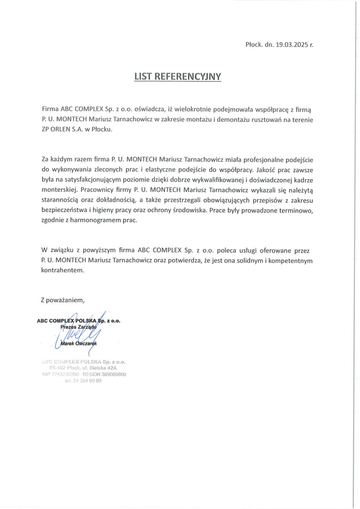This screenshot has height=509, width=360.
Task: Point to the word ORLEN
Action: coord(60,130)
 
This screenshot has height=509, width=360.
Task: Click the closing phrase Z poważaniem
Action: coord(63,299)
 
